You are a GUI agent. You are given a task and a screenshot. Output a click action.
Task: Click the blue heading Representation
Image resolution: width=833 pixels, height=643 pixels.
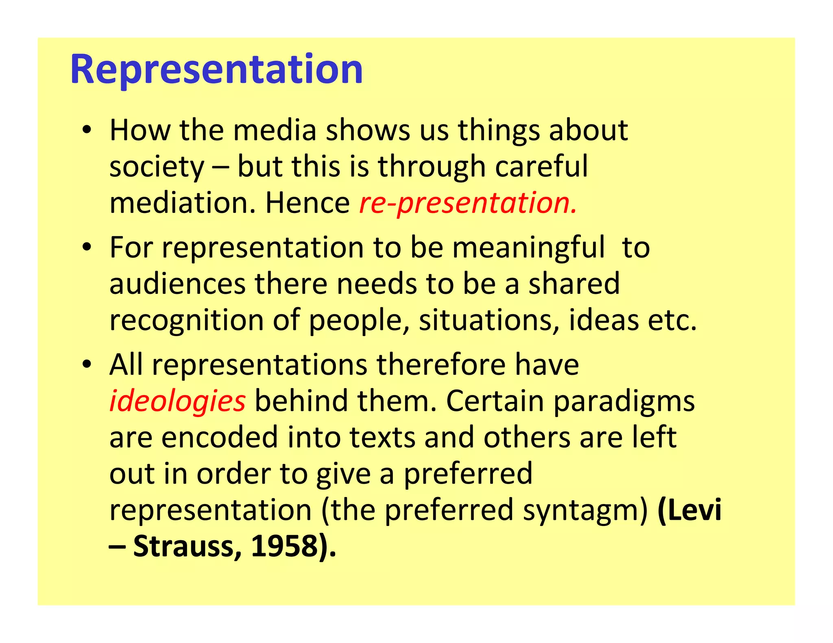(x=216, y=70)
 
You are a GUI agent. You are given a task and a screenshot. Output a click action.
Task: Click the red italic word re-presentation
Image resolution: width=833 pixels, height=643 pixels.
(x=468, y=203)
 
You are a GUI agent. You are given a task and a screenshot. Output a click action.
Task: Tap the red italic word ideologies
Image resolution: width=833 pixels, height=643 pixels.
(x=177, y=401)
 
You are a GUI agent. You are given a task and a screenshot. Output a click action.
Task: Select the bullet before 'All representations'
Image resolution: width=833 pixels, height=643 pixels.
(x=86, y=365)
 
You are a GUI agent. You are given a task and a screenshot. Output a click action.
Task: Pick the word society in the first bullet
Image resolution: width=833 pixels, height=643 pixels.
(x=157, y=167)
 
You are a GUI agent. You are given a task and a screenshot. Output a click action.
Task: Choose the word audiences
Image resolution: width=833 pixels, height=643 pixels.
(x=177, y=284)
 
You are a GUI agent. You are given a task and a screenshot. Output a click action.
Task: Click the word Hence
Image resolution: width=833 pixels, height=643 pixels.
(x=307, y=203)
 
